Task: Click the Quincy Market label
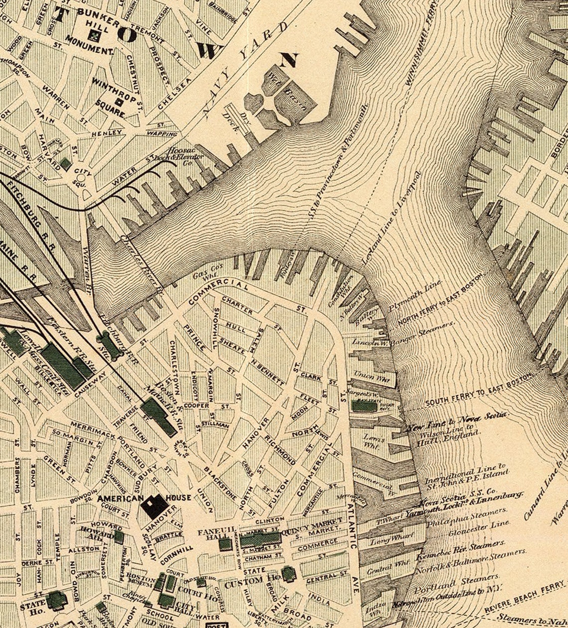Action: [x=313, y=525]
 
